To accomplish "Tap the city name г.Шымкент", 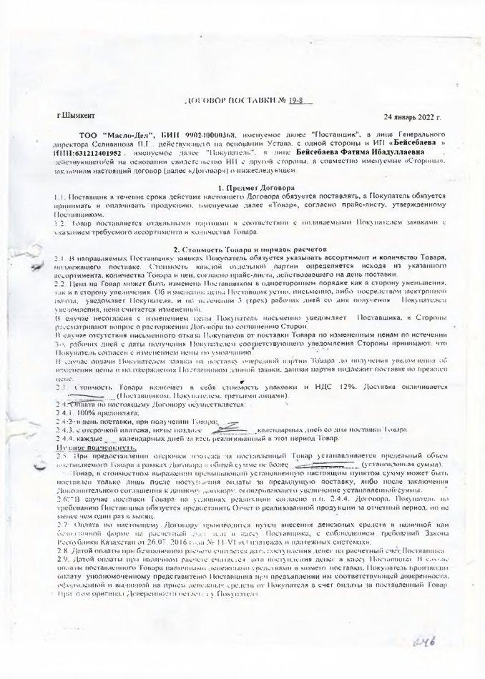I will pos(74,114).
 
